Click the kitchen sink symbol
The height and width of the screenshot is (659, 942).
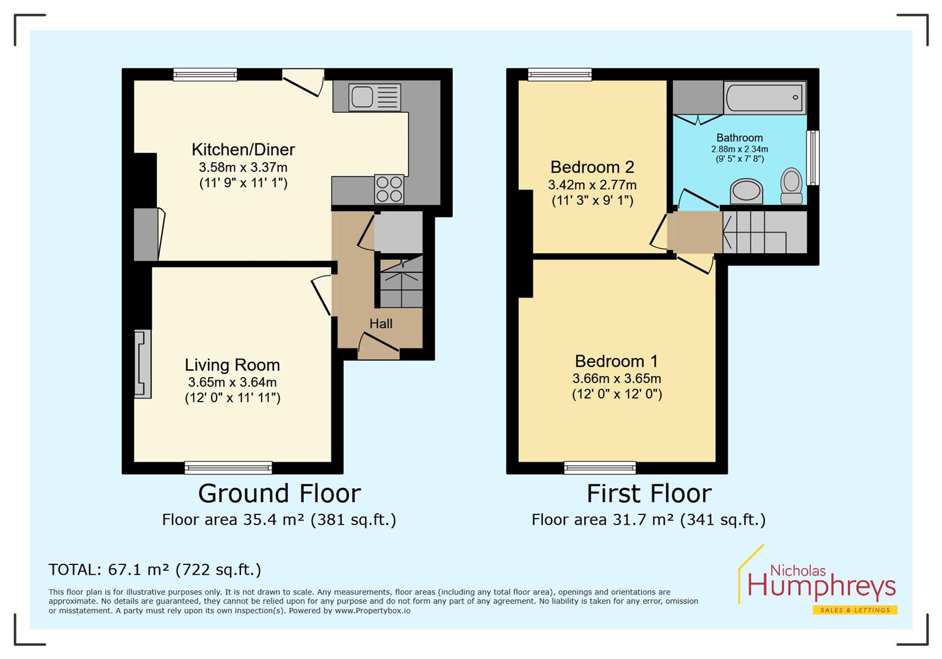pos(375,97)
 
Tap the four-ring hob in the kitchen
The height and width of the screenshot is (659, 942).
pos(389,189)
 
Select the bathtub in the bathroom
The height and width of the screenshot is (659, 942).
pos(764,98)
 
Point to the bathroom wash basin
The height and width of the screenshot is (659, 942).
pos(746,191)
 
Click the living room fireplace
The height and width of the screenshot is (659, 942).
pos(142,364)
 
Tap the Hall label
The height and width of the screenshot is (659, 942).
pos(381,324)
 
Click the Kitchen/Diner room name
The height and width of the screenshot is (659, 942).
pos(243,149)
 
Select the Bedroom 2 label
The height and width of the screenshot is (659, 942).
pos(592,167)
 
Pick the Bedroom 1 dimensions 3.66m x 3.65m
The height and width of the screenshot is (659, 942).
pos(616,378)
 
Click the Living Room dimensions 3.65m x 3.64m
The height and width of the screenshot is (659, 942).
pos(232,383)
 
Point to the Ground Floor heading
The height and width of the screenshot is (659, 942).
pos(279,493)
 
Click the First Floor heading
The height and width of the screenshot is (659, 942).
pos(649,493)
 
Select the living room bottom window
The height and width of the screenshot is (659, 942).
pos(228,468)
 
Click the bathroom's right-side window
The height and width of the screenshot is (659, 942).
pos(813,158)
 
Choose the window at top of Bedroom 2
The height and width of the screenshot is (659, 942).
pos(559,74)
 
